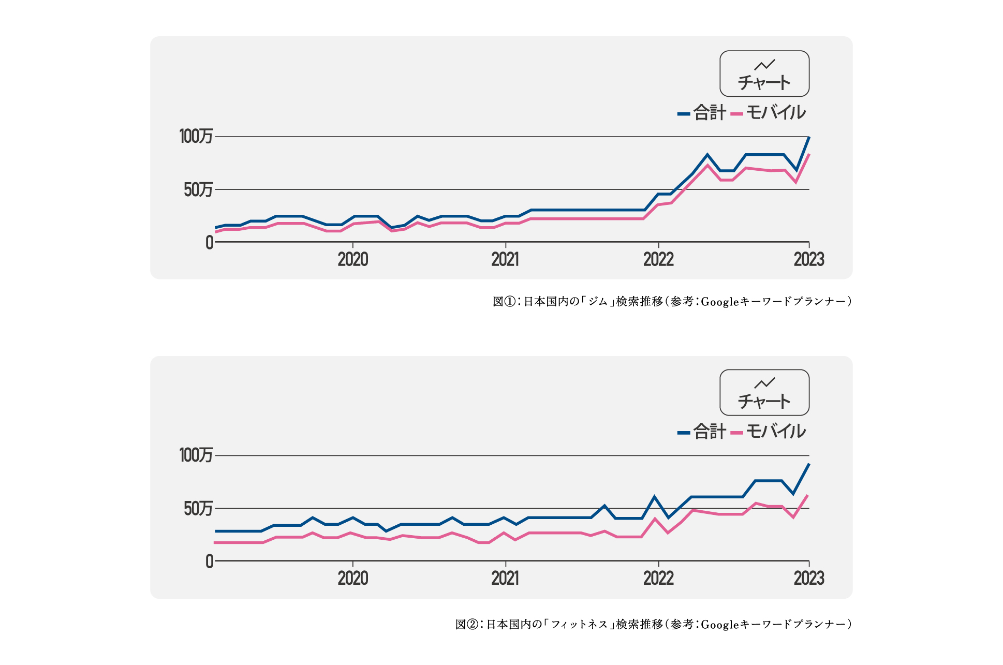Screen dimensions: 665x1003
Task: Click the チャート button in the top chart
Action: tap(764, 73)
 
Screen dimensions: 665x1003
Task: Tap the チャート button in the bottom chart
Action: tap(764, 392)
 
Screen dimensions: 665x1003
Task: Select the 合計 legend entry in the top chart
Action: tap(702, 113)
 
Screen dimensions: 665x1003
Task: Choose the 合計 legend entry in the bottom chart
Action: tap(702, 432)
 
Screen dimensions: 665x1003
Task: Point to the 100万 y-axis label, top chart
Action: tap(196, 137)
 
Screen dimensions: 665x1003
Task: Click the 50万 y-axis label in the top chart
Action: tap(198, 190)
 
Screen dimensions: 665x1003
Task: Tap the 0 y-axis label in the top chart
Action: tap(209, 242)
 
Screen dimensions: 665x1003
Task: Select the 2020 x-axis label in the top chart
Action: tap(353, 259)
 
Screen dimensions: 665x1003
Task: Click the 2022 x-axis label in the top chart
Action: tap(658, 259)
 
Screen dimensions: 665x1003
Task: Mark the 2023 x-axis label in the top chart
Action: tap(809, 259)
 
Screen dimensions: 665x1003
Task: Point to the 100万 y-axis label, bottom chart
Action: tap(196, 455)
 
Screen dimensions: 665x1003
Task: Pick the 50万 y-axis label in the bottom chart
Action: tap(198, 509)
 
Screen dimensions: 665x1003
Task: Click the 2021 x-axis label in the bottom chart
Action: tap(505, 578)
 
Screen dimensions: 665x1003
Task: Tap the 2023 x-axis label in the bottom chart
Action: tap(809, 578)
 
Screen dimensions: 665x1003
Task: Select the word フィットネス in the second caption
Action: tap(579, 625)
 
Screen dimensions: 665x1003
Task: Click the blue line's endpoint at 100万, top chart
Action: tap(808, 138)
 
